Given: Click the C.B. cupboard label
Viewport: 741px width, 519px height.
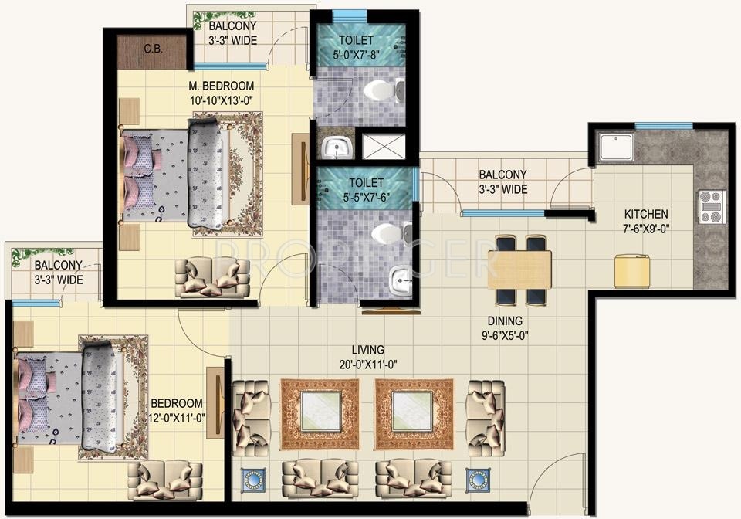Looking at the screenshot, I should [151, 49].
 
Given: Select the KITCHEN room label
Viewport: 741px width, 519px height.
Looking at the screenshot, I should [647, 214].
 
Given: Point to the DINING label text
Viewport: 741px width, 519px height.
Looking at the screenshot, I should [505, 321].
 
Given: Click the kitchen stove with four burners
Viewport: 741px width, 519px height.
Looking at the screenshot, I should [711, 206].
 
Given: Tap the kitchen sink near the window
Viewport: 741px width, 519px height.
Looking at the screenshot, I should [617, 148].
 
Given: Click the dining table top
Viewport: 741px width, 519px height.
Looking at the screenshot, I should [519, 270].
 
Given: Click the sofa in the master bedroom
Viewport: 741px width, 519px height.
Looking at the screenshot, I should [212, 277].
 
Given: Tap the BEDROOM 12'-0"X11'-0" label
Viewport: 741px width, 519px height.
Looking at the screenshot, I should [177, 410].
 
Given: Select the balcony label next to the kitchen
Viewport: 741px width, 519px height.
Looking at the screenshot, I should [502, 181].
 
